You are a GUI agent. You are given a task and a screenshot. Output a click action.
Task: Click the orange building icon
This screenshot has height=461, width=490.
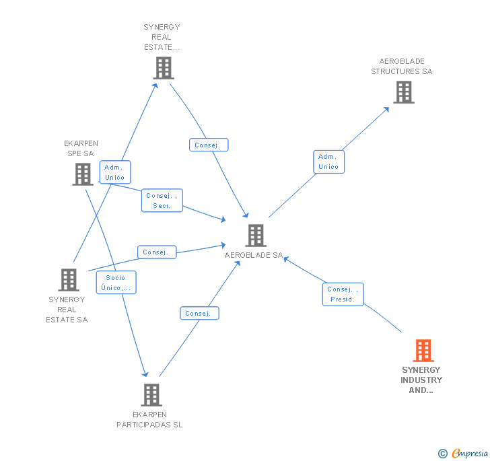tap(423, 351)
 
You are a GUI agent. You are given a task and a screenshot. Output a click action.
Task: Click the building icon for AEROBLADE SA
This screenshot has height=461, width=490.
tap(255, 236)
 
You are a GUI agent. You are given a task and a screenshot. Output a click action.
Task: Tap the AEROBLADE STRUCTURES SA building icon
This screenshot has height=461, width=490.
tap(403, 92)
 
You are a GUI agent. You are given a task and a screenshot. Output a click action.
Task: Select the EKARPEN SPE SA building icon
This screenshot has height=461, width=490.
tap(82, 174)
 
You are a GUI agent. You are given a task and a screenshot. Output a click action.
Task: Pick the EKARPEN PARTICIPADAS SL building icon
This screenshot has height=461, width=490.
tap(151, 394)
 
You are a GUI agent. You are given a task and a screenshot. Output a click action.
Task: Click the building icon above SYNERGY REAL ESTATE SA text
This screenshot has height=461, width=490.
tap(69, 279)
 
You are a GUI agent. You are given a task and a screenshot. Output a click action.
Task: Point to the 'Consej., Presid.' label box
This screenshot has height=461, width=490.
tap(343, 294)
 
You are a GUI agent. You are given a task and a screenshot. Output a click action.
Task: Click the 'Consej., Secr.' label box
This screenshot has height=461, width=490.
tap(162, 201)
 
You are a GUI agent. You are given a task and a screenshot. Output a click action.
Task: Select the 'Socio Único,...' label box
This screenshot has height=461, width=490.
tap(116, 283)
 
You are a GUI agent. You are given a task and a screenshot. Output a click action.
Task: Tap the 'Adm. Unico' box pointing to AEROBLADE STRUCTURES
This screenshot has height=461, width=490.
tap(328, 162)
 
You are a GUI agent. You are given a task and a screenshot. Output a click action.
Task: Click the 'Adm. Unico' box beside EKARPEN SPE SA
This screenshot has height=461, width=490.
tap(114, 172)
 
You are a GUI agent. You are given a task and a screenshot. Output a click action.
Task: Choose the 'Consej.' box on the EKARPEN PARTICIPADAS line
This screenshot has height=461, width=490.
tap(199, 313)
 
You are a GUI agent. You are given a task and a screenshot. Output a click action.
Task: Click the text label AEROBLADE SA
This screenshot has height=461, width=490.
tap(254, 256)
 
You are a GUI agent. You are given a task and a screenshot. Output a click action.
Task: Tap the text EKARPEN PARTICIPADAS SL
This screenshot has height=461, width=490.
tap(149, 420)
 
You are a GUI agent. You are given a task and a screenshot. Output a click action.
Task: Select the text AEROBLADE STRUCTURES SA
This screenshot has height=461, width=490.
tap(402, 67)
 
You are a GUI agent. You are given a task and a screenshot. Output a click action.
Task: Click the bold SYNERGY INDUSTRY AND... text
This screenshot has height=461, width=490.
tap(421, 380)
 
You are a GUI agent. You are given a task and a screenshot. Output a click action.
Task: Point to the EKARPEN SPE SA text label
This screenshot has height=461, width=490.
tap(81, 148)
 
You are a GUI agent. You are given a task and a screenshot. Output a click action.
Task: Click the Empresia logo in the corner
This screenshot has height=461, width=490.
tap(469, 453)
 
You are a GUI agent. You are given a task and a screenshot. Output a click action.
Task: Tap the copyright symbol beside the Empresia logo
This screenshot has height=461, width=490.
tap(442, 454)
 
